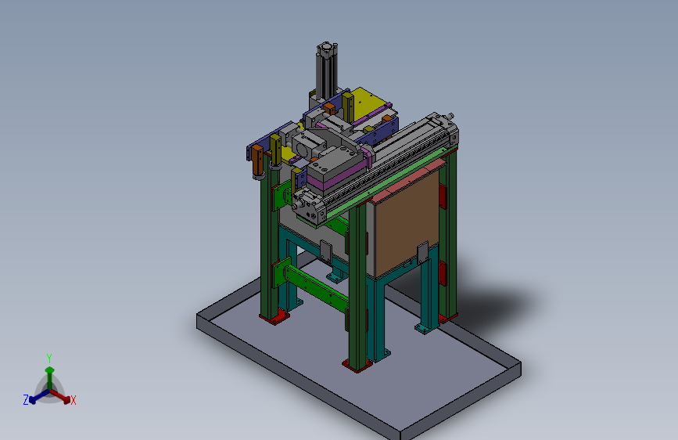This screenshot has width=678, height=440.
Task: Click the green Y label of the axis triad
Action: coord(49,359)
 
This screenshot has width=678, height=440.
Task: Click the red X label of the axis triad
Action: coord(73,400)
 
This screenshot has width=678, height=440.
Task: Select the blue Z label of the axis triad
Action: coord(26,400)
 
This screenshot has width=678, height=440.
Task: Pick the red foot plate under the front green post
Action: coord(357,365)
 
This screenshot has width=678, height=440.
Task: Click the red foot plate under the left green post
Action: coord(274,317)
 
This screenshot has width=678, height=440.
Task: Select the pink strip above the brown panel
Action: coord(409,181)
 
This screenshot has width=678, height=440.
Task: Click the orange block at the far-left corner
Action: coord(257,160)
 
